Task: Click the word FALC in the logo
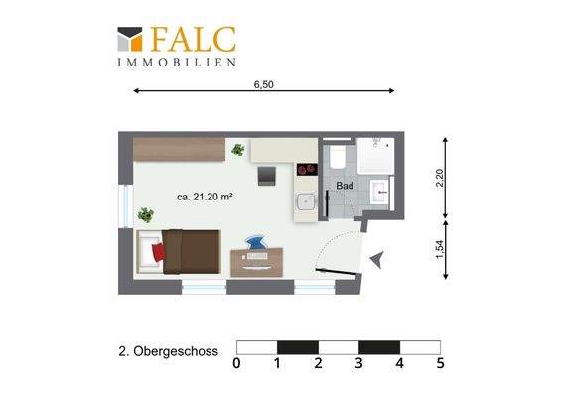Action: click(x=194, y=39)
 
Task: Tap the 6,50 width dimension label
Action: click(x=263, y=85)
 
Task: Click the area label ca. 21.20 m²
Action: click(x=205, y=198)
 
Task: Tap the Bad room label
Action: click(x=346, y=186)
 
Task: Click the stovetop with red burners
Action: click(x=307, y=168)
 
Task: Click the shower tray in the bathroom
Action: click(x=375, y=155)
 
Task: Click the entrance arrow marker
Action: click(x=375, y=260)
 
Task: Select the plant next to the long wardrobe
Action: click(x=237, y=150)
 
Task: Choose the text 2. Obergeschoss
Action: click(x=168, y=351)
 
